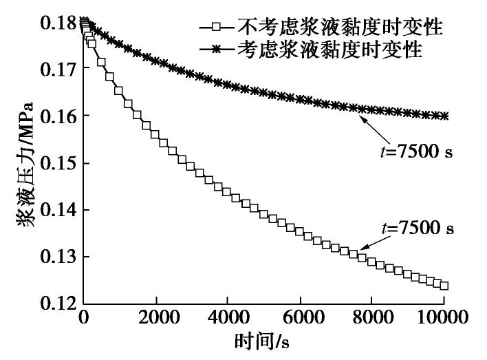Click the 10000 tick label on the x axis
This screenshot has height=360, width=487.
[x=442, y=319]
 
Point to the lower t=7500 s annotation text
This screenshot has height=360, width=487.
[x=420, y=227]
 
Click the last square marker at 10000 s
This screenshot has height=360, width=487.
[x=444, y=286]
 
